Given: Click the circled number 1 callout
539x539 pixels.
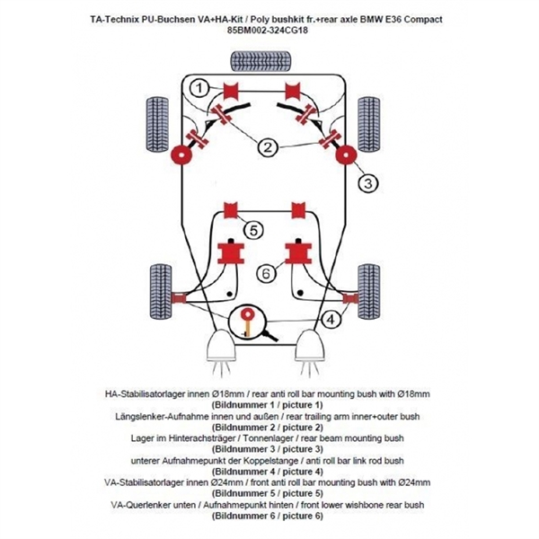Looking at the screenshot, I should [x=200, y=86].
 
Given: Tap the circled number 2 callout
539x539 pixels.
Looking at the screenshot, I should [x=269, y=146].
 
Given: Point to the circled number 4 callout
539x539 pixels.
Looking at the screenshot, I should [x=331, y=318].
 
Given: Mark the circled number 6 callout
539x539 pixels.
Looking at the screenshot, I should [x=266, y=272].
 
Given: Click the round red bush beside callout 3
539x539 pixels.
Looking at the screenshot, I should [x=344, y=156].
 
